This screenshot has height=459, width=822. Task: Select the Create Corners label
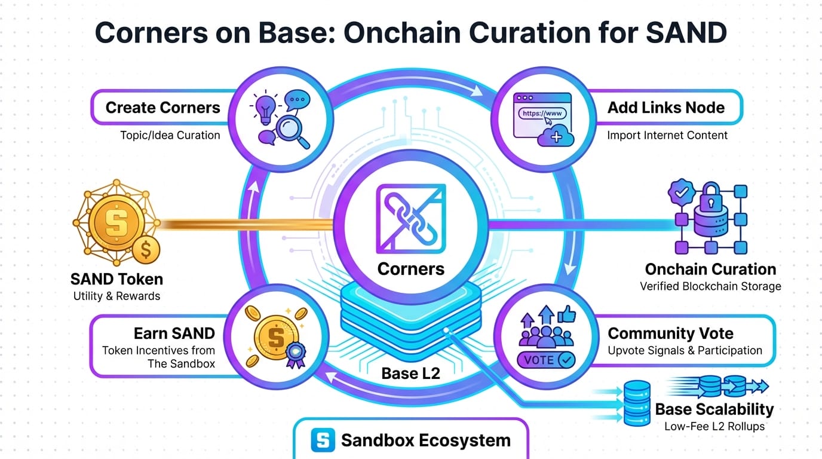pyautogui.click(x=162, y=108)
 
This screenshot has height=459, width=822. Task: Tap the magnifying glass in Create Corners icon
pyautogui.click(x=292, y=129)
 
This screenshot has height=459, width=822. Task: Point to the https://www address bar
pyautogui.click(x=542, y=112)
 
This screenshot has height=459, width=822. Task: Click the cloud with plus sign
pyautogui.click(x=555, y=137)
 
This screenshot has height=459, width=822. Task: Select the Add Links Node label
pyautogui.click(x=666, y=108)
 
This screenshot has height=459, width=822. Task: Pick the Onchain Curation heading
pyautogui.click(x=710, y=269)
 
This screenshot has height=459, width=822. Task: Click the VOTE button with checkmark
pyautogui.click(x=546, y=360)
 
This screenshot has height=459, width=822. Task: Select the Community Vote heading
pyautogui.click(x=670, y=333)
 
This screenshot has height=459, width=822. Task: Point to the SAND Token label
pyautogui.click(x=116, y=279)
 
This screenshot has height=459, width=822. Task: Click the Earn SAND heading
pyautogui.click(x=174, y=333)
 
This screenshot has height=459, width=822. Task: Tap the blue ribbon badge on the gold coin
pyautogui.click(x=295, y=354)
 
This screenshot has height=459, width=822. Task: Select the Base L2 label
pyautogui.click(x=410, y=374)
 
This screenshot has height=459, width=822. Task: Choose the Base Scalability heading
pyautogui.click(x=714, y=409)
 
